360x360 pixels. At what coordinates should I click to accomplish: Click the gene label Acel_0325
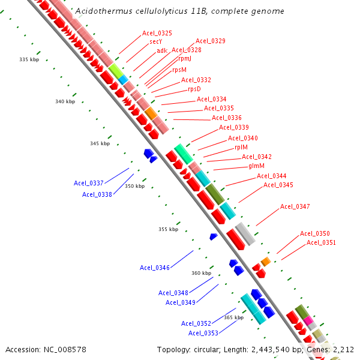(157, 33)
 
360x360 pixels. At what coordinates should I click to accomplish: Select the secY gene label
(156, 42)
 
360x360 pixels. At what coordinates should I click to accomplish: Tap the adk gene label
(162, 51)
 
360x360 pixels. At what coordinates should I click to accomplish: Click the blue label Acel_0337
(89, 183)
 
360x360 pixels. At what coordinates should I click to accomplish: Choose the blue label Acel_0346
(155, 268)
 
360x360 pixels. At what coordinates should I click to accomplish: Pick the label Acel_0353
(203, 333)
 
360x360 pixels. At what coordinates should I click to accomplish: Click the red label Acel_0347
(295, 207)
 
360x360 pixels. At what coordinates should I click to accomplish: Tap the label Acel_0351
(321, 243)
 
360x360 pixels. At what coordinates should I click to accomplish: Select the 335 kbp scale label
(29, 60)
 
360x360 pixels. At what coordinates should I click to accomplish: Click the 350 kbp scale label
(134, 187)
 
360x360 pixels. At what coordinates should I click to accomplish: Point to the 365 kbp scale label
(233, 317)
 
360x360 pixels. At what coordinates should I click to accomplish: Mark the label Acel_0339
(234, 127)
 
